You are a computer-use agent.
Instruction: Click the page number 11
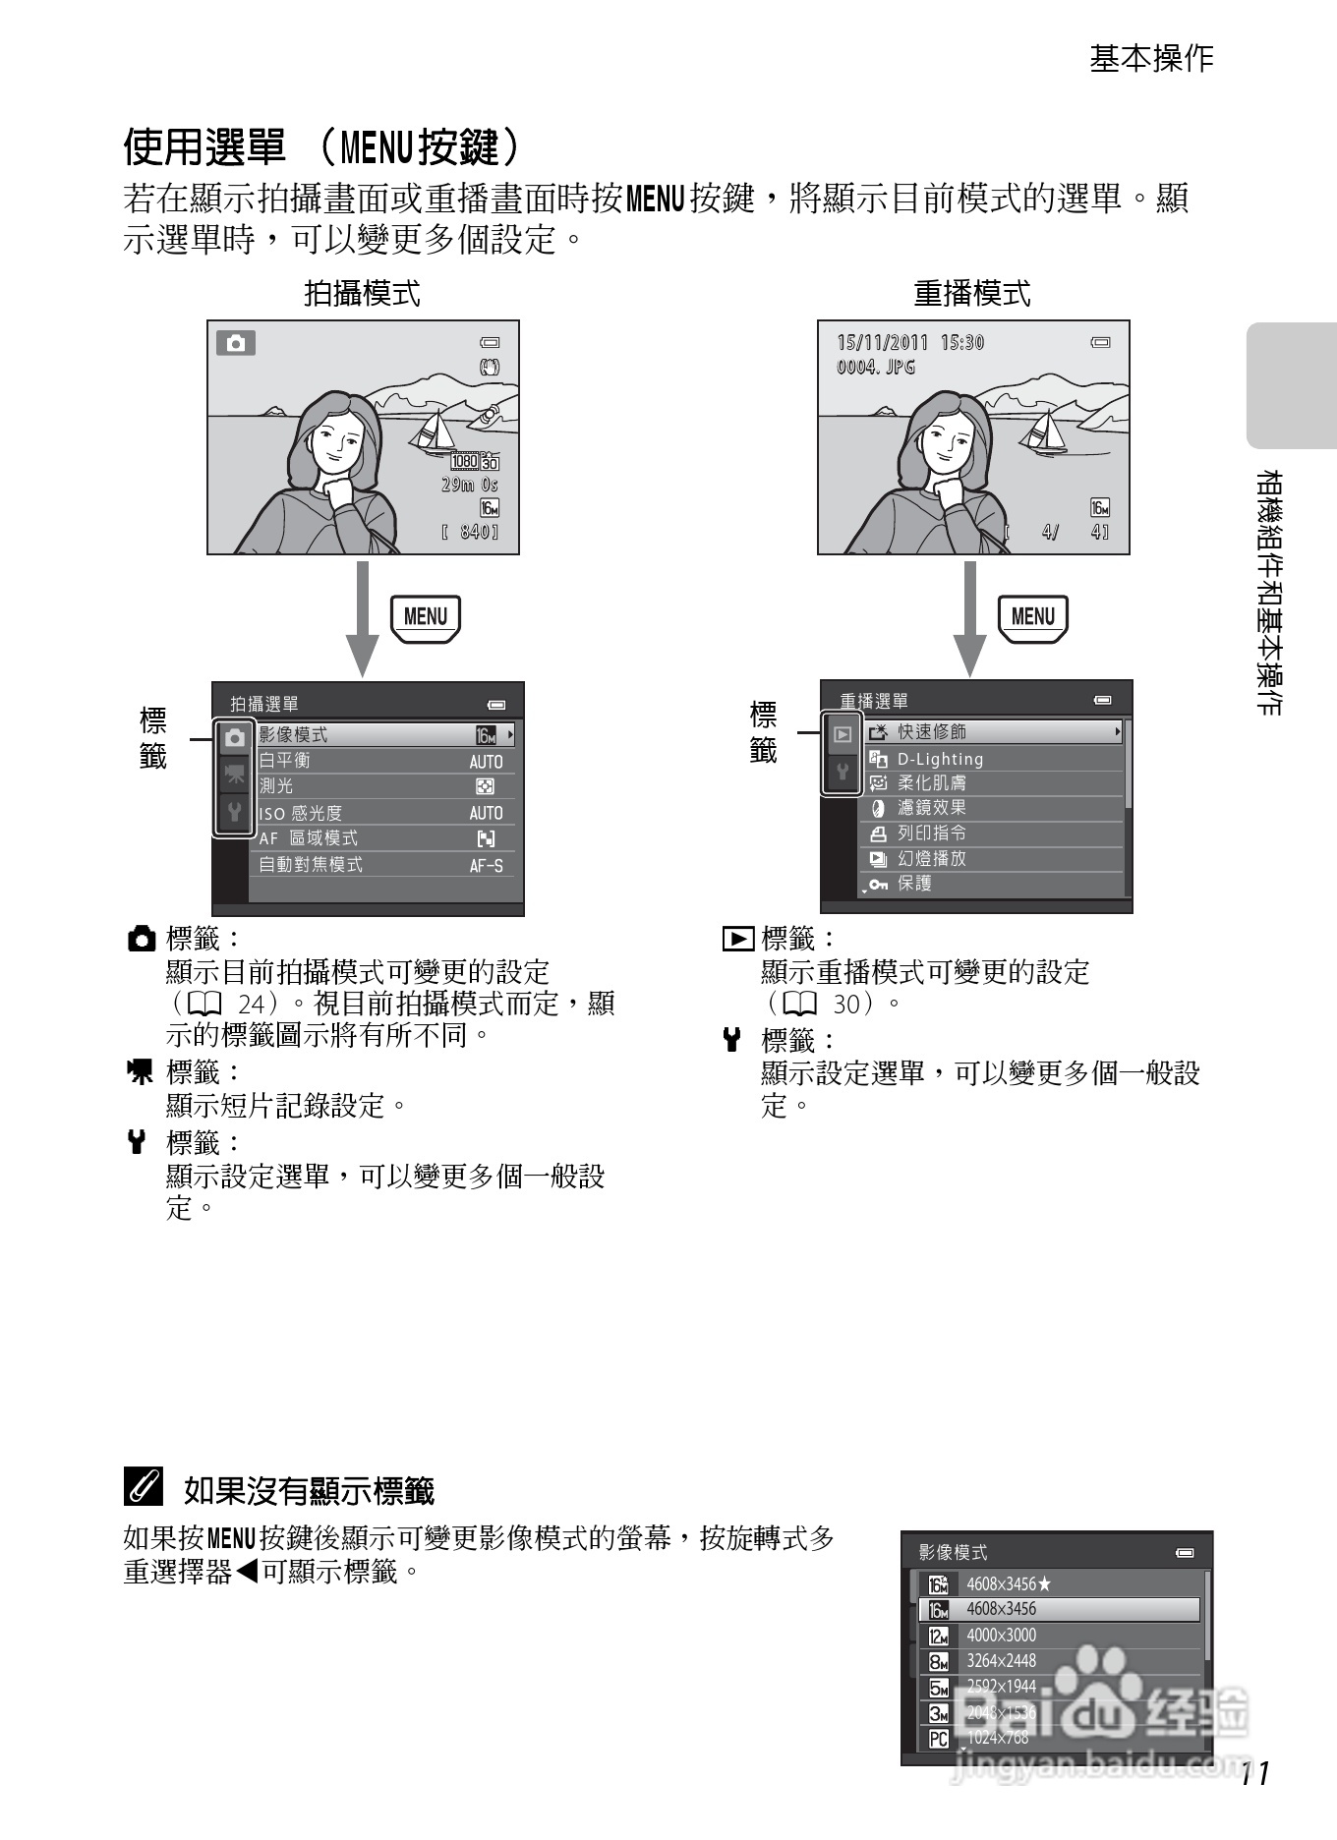pyautogui.click(x=1255, y=1773)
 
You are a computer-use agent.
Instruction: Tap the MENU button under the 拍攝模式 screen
pyautogui.click(x=425, y=617)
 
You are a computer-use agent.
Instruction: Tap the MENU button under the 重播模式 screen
pyautogui.click(x=1032, y=617)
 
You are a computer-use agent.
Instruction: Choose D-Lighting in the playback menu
pyautogui.click(x=993, y=759)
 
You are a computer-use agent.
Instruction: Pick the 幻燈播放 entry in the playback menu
pyautogui.click(x=993, y=858)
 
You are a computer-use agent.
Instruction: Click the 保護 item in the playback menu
pyautogui.click(x=993, y=884)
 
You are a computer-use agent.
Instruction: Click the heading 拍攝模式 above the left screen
pyautogui.click(x=362, y=293)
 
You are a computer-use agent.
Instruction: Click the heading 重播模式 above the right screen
pyautogui.click(x=972, y=293)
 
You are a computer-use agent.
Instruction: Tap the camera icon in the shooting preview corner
pyautogui.click(x=236, y=343)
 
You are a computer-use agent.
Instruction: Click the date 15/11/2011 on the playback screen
pyautogui.click(x=882, y=342)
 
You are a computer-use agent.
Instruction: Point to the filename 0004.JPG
pyautogui.click(x=876, y=367)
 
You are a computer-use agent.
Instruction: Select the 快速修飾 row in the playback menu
pyautogui.click(x=993, y=732)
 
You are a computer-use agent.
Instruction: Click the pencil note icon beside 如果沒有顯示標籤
pyautogui.click(x=144, y=1488)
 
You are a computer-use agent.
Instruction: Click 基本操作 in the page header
pyautogui.click(x=1151, y=59)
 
